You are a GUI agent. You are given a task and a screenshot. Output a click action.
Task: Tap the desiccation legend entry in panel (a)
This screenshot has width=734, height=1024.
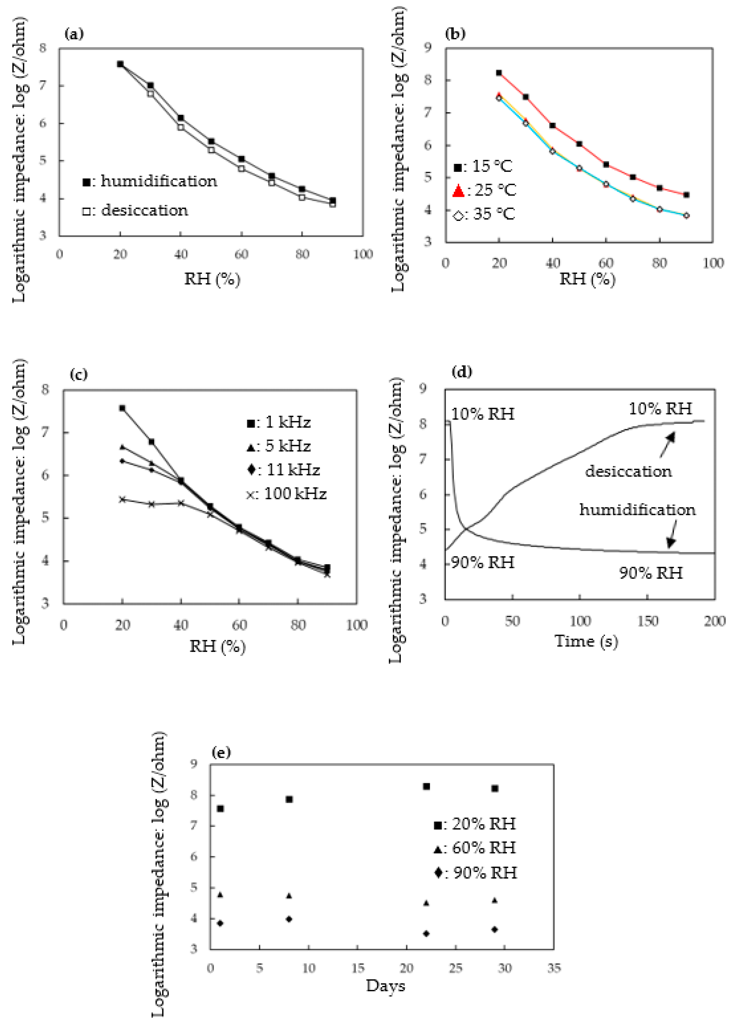[136, 210]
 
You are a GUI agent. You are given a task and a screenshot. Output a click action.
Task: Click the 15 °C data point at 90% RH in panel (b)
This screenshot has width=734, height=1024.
[686, 195]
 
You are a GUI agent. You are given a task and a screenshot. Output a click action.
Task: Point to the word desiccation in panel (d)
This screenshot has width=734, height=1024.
[628, 471]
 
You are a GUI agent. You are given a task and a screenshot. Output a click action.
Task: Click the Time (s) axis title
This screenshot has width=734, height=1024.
[586, 641]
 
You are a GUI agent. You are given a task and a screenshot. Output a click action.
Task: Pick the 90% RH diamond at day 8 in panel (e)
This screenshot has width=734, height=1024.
[289, 919]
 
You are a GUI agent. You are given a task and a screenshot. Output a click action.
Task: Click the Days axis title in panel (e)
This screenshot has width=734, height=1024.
[385, 986]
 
